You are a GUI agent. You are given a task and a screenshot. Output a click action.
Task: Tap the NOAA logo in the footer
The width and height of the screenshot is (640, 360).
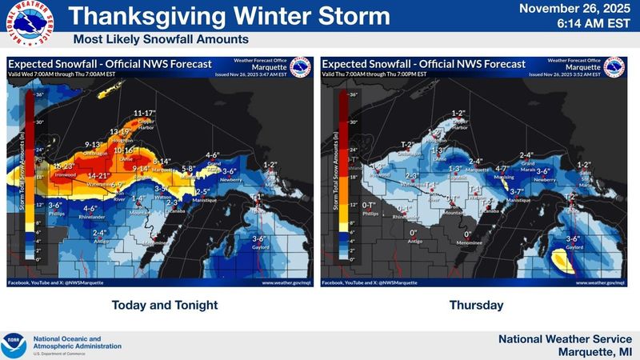point(14,345)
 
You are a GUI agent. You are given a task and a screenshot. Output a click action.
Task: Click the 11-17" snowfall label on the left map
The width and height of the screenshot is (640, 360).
point(145,113)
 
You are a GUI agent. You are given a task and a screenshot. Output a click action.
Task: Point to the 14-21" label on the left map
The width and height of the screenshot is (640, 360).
point(98,175)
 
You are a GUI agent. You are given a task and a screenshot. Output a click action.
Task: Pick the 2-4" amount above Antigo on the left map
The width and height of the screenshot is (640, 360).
point(99,232)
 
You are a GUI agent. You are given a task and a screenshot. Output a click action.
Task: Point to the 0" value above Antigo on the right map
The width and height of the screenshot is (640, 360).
point(413,233)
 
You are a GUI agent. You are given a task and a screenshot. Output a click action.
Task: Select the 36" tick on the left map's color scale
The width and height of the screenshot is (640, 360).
point(38,95)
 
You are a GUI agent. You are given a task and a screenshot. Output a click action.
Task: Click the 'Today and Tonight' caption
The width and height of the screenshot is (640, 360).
point(164,305)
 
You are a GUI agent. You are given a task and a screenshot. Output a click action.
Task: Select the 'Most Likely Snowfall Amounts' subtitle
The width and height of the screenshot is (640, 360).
point(161,39)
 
